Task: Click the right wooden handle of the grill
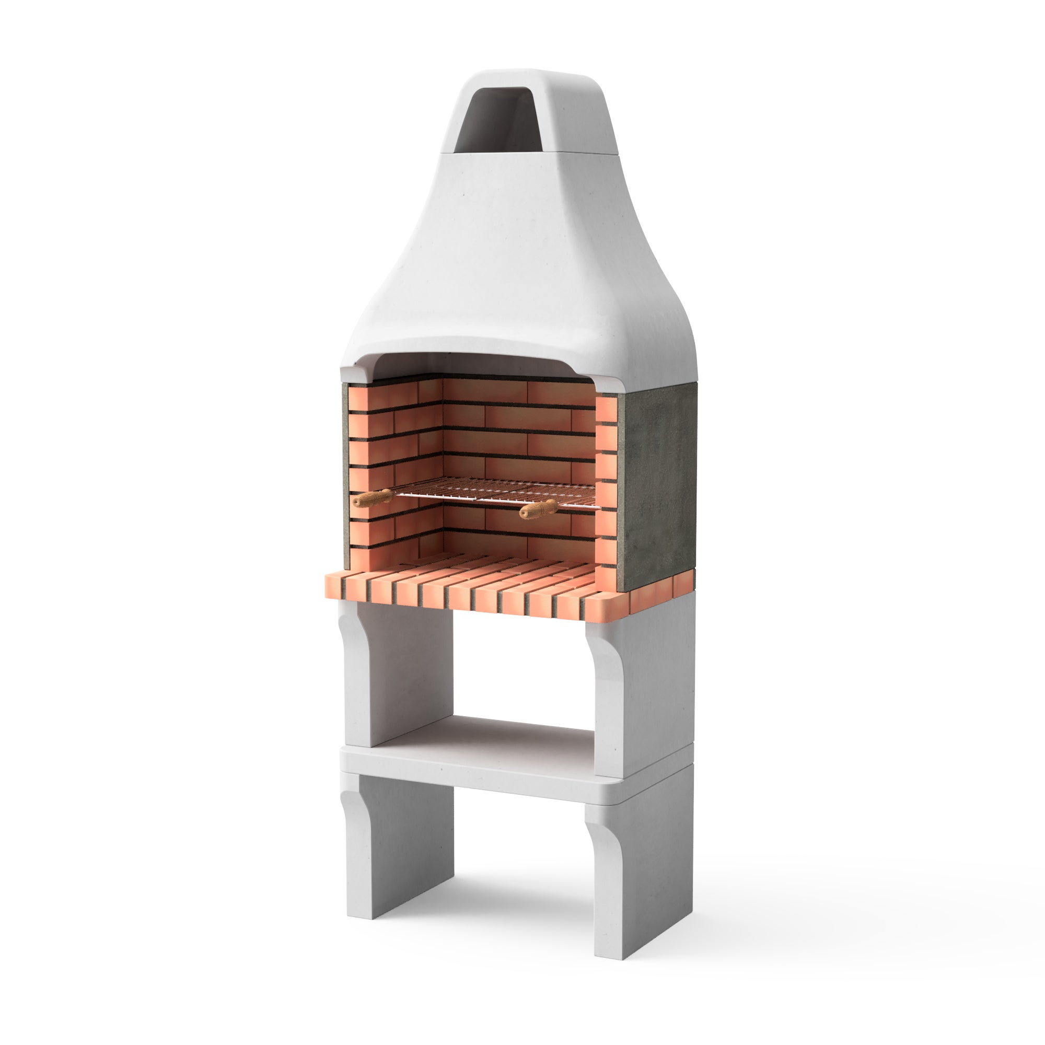pos(538,508)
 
